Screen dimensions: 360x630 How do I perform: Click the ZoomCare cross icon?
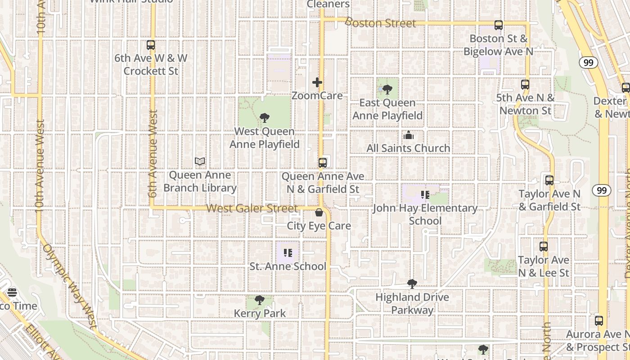tap(317, 82)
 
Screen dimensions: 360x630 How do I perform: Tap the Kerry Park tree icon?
tap(259, 300)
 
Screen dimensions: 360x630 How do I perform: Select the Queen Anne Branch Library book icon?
tap(200, 162)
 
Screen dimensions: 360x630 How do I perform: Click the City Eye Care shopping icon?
tap(319, 212)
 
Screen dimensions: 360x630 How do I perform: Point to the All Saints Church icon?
tap(408, 135)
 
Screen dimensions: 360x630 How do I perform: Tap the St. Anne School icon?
tap(288, 253)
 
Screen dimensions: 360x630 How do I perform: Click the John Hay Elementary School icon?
tap(425, 195)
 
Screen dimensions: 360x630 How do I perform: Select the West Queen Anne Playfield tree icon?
tap(265, 118)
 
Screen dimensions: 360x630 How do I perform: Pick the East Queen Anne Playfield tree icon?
tap(387, 90)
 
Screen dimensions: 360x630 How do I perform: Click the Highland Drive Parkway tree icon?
tap(412, 284)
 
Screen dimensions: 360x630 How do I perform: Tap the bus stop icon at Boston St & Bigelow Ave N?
tap(498, 25)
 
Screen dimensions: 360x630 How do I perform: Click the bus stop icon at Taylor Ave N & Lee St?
tap(544, 247)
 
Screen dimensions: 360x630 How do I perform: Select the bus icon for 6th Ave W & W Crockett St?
tap(151, 45)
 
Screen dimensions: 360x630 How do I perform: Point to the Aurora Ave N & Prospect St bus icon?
tap(598, 321)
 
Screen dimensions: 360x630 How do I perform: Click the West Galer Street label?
tap(252, 209)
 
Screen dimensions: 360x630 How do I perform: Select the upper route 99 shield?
tap(588, 63)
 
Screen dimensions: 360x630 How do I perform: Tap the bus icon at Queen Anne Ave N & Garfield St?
tap(323, 163)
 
